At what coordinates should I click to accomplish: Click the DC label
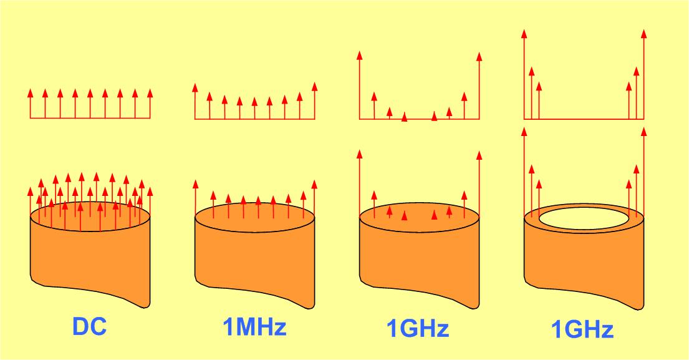tap(89, 328)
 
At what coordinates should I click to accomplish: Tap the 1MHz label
tap(254, 326)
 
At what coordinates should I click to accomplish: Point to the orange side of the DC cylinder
tap(90, 262)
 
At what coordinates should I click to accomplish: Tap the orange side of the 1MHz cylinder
tap(254, 262)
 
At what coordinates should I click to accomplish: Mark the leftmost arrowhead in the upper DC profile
tap(30, 94)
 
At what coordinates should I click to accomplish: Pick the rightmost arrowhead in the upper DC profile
tap(150, 94)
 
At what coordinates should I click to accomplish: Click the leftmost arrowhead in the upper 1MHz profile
tap(195, 87)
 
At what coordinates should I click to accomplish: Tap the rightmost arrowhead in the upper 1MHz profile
tap(314, 87)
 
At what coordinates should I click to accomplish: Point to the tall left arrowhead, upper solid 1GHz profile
tap(359, 56)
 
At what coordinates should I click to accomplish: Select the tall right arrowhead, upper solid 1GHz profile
tap(479, 56)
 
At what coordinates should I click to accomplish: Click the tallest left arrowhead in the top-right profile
tap(524, 33)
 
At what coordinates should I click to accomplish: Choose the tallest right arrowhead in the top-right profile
tap(643, 33)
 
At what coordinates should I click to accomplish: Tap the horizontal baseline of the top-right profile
tap(583, 119)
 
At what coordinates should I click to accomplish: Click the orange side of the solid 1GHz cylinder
tap(419, 262)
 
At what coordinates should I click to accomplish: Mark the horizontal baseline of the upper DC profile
tap(90, 119)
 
